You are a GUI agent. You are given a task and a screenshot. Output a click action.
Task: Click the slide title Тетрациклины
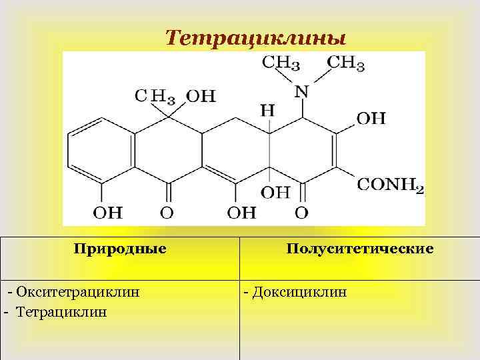[255, 37]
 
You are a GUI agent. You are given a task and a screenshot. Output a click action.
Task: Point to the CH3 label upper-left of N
[281, 64]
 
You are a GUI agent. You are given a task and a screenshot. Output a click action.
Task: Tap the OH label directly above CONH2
[371, 119]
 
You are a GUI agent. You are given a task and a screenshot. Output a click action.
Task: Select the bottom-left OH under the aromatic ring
[107, 213]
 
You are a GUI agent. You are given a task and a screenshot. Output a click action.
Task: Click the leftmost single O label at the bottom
[167, 213]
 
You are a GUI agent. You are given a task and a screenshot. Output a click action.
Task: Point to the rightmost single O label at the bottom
[301, 213]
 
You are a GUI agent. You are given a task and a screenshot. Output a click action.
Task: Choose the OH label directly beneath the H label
[275, 192]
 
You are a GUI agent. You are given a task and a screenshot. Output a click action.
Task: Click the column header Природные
[120, 249]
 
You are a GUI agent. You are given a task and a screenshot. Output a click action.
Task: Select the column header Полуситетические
[360, 249]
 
